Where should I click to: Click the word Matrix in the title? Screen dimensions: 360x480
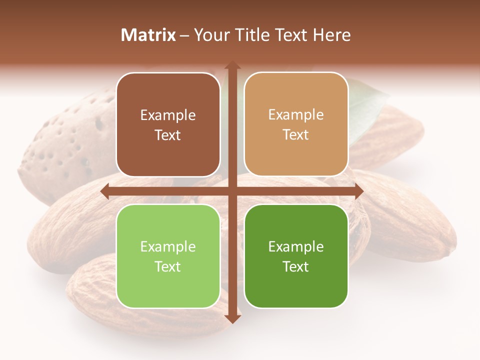point(148,35)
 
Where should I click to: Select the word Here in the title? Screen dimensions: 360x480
point(332,35)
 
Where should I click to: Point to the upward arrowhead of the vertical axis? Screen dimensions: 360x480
point(232,65)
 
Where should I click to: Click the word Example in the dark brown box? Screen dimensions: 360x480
point(168,115)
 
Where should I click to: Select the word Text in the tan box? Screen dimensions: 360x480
point(296,135)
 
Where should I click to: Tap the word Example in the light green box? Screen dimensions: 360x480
point(168,246)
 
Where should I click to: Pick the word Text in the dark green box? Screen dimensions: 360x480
point(296,266)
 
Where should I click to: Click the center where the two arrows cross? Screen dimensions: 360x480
point(232,191)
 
